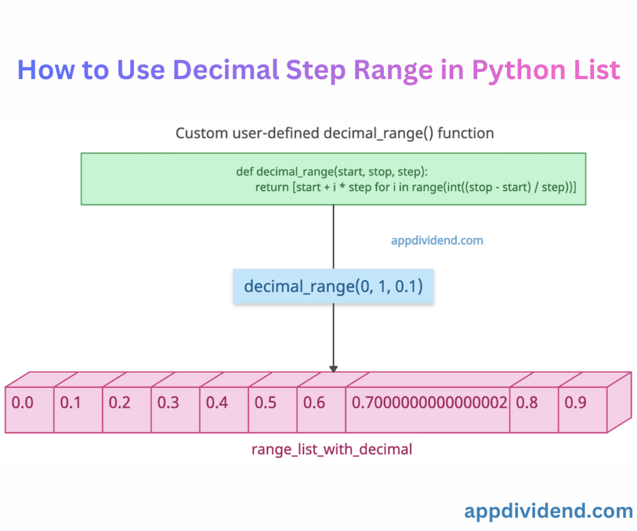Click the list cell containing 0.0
coord(29,409)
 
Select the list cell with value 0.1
coord(78,409)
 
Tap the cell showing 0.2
coord(126,409)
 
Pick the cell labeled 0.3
coord(175,409)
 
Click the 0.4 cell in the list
coord(224,409)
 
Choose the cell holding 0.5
coord(272,409)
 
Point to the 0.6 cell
coord(321,409)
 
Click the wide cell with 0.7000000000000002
coord(428,409)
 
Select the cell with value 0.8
coord(534,409)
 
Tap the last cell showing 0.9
coord(582,409)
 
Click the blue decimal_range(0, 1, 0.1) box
coord(333,286)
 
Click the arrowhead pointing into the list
coord(333,368)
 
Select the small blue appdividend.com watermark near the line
coord(437,240)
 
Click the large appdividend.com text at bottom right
coord(548,511)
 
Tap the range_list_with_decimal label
coord(332,449)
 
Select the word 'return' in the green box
coord(272,187)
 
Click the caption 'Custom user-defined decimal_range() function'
coord(334,133)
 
